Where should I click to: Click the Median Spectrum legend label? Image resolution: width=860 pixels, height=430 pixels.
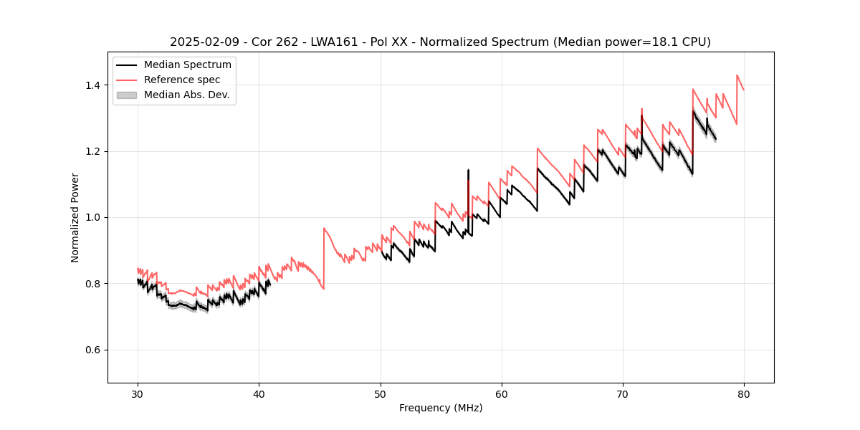(x=187, y=64)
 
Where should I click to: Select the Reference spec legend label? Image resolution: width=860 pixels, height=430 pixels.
(x=181, y=80)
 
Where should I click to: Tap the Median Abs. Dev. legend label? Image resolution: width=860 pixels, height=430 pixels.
(x=186, y=95)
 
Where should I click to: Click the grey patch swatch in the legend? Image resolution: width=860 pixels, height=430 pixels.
(x=128, y=95)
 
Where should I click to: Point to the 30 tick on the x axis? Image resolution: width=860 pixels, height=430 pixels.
(x=138, y=393)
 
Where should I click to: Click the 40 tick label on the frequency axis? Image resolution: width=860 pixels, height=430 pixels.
(x=259, y=393)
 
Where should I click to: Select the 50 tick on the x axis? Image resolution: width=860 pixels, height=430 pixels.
(x=381, y=393)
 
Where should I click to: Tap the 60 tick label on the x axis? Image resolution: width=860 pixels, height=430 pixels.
(x=502, y=393)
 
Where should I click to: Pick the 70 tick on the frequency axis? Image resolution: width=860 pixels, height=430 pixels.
(x=623, y=393)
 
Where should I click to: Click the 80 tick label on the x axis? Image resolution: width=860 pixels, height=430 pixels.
(x=744, y=393)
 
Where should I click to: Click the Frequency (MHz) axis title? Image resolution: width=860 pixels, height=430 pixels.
(x=441, y=408)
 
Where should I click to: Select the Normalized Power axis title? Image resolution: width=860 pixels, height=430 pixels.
(x=75, y=217)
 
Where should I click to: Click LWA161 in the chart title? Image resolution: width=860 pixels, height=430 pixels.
(x=334, y=42)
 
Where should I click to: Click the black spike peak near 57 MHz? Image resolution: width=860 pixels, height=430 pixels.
(x=468, y=170)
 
